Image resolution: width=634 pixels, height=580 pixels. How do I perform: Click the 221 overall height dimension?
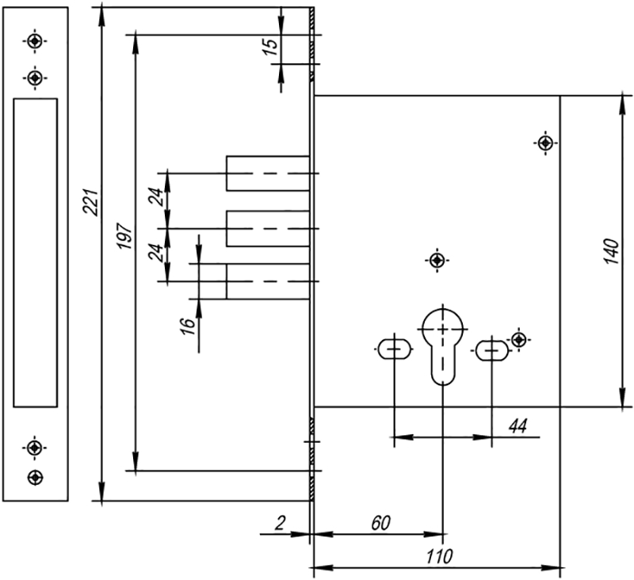[x=90, y=202]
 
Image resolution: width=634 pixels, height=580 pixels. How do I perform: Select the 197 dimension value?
[x=125, y=235]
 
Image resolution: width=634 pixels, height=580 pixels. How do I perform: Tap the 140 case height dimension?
[x=611, y=251]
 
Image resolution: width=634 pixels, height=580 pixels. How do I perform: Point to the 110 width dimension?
[x=440, y=556]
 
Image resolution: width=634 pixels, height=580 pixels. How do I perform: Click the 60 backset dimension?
[x=381, y=523]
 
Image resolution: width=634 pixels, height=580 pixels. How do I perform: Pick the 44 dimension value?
[x=518, y=426]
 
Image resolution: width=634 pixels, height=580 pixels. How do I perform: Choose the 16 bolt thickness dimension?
[x=188, y=326]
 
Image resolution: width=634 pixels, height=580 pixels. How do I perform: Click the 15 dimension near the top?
[x=271, y=47]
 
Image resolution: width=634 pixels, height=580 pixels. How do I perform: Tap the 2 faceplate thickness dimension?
[x=280, y=523]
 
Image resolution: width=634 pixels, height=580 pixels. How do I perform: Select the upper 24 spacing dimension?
[x=158, y=197]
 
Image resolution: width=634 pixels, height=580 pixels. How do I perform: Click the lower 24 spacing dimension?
[x=158, y=253]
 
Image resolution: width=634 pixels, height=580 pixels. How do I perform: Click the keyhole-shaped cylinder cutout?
[x=443, y=346]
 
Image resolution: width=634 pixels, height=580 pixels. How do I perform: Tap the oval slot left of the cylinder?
[x=395, y=349]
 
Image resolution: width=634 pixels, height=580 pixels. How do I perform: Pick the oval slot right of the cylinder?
[x=491, y=350]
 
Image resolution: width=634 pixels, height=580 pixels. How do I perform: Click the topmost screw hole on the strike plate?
[x=35, y=41]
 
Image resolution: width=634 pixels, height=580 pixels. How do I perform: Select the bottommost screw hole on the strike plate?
[x=35, y=477]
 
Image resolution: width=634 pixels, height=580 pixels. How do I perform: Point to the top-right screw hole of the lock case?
[x=546, y=143]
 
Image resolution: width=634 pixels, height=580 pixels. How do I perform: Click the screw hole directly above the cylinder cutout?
[x=437, y=261]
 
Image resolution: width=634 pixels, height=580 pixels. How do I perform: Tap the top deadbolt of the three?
[x=268, y=173]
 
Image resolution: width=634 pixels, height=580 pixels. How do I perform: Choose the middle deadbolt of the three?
[x=268, y=228]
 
